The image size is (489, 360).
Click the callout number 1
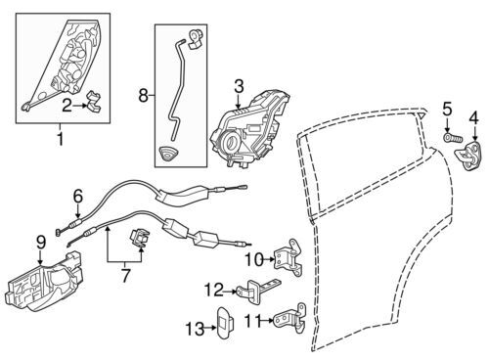point(61,139)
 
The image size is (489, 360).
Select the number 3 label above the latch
point(239,87)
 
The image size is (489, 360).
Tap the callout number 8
point(144,96)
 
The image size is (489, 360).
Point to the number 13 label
point(195,329)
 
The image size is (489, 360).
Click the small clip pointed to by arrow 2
point(94,102)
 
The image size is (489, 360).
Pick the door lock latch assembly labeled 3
point(250,129)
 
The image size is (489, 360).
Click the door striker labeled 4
point(468,155)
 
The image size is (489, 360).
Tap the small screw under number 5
point(453,137)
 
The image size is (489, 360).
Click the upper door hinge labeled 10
point(289,257)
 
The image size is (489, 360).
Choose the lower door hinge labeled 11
point(290,318)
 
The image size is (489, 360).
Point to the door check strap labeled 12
point(257,290)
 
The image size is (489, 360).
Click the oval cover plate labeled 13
point(225,323)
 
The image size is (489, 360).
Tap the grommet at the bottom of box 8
point(168,154)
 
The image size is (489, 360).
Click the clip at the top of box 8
point(196,39)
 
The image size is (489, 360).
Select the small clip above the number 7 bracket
point(140,238)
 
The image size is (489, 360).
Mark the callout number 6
point(78,197)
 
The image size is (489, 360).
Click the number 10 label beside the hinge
point(254,260)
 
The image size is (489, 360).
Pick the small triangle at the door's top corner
point(422,115)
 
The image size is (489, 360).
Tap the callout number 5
point(447,110)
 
